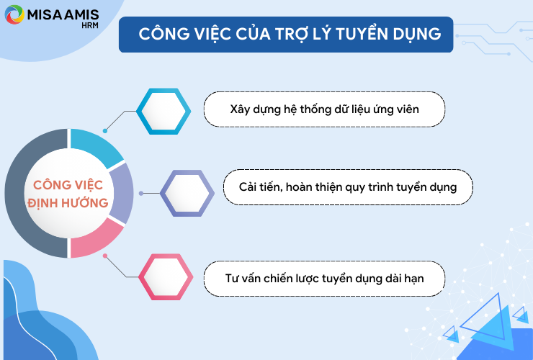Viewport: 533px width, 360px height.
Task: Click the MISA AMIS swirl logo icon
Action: tap(14, 14)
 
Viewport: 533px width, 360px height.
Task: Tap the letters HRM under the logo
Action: tap(90, 25)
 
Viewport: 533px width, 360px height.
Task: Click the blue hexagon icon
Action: tap(164, 111)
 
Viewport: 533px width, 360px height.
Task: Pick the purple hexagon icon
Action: tap(187, 193)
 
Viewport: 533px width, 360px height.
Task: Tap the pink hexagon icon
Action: tap(166, 276)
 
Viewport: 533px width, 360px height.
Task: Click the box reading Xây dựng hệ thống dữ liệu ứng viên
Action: tap(324, 109)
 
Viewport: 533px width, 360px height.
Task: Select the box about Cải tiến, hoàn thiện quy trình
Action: tap(348, 187)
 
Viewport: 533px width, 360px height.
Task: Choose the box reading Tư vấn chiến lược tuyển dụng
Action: tap(324, 279)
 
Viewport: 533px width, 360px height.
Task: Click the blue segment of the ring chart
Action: tap(96, 146)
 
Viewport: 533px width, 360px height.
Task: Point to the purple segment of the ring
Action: tap(122, 193)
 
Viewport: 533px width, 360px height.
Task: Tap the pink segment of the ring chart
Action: tap(96, 240)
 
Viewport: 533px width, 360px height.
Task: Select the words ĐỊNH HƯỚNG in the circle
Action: tap(68, 203)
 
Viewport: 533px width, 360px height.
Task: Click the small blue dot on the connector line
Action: tap(105, 131)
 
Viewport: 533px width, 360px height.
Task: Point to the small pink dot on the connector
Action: tap(105, 256)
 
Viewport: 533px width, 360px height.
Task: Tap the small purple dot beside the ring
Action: tap(141, 193)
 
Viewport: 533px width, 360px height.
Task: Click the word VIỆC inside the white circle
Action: tap(89, 185)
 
